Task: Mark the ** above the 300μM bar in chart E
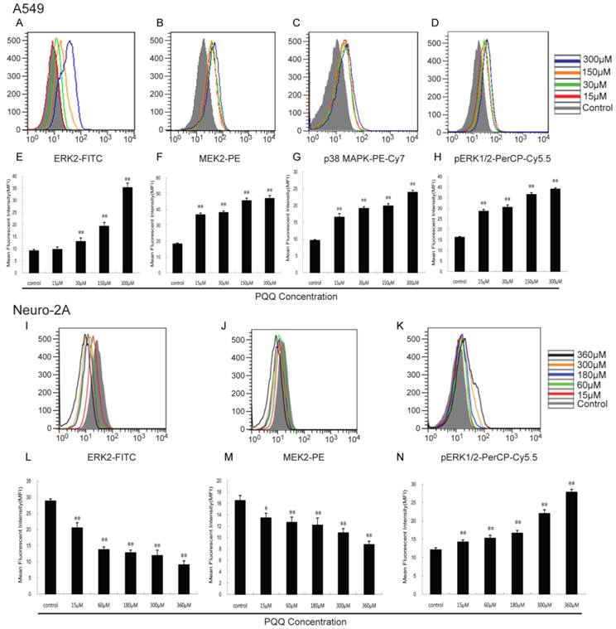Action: coord(127,178)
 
